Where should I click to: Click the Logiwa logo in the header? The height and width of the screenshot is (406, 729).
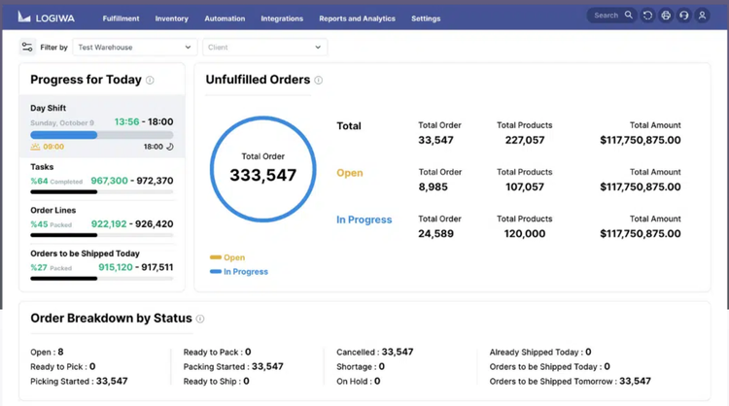point(46,17)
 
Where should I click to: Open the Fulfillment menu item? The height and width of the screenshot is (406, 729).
point(121,18)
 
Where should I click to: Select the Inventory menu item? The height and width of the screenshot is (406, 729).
point(171,18)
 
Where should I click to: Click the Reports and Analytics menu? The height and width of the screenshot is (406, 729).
point(357,18)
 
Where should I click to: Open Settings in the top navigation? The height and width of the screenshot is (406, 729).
point(426,18)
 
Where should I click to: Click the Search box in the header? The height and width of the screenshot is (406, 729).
point(611,16)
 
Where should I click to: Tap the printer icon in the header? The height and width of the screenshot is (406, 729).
point(666,16)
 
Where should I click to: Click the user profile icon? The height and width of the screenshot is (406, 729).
point(702,16)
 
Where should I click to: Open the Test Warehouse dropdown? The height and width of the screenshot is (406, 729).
point(134,47)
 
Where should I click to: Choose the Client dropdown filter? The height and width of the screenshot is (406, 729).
point(264,47)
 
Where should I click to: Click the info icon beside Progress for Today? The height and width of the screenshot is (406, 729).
point(150,81)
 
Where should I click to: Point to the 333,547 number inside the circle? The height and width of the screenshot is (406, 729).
point(262,176)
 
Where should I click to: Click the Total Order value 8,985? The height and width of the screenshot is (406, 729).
point(434,187)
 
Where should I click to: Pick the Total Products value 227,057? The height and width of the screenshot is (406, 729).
point(525,141)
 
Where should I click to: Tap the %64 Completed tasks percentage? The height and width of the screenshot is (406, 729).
point(56,181)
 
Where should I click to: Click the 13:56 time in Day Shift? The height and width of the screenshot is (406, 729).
point(126,122)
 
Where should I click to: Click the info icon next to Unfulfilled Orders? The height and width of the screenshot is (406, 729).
point(318,81)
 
